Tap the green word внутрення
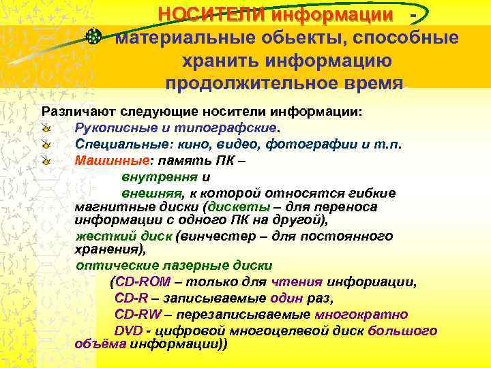[x=151, y=177]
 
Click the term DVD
[x=128, y=331]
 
